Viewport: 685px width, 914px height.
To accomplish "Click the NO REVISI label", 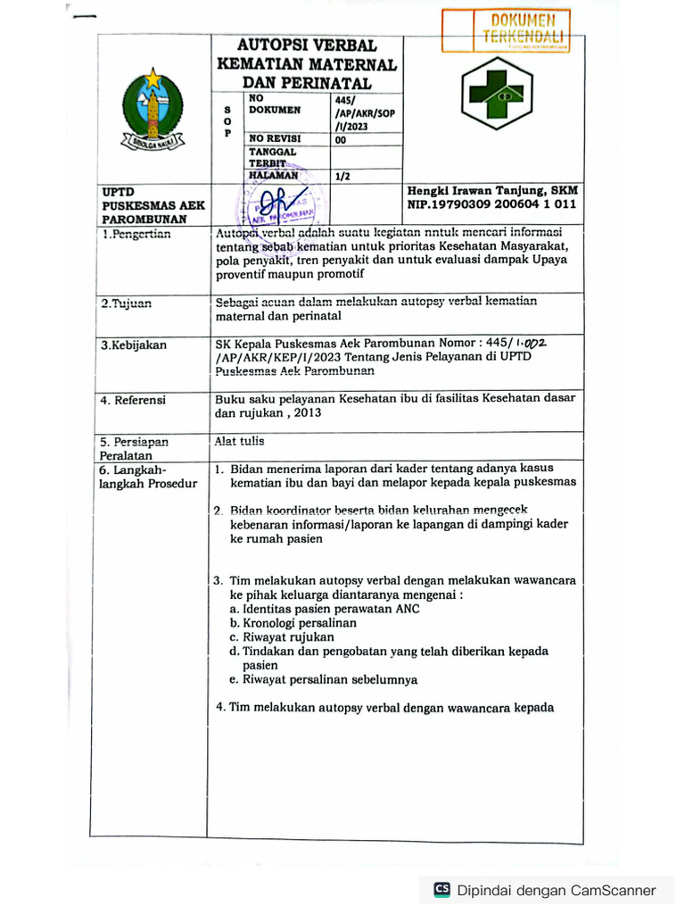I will (275, 138).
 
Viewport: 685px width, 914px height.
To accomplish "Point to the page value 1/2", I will (342, 177).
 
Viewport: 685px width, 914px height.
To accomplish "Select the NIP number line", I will (491, 204).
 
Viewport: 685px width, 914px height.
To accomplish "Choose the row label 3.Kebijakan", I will (133, 345).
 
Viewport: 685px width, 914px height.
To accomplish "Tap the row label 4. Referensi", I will (133, 400).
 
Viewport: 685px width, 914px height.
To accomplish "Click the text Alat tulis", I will (240, 441).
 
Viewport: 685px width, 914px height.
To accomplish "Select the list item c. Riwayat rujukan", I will (281, 637).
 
